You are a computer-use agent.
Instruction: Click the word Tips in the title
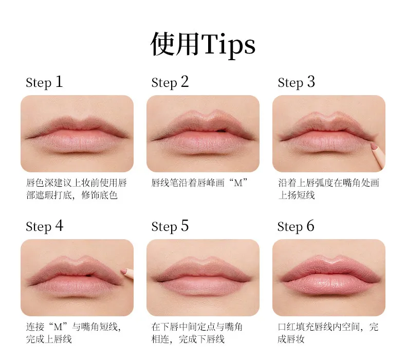[x=228, y=45]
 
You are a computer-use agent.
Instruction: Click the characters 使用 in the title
[x=175, y=44]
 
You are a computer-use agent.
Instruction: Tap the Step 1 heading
[x=44, y=82]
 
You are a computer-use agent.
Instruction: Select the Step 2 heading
[x=170, y=82]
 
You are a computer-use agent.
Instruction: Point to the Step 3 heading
[x=296, y=82]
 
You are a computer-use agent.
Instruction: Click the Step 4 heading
[x=45, y=226]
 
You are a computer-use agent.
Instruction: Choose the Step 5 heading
[x=170, y=226]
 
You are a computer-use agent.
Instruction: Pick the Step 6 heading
[x=296, y=226]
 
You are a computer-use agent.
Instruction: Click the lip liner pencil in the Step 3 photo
[x=378, y=155]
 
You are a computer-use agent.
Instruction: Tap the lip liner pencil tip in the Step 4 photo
[x=123, y=271]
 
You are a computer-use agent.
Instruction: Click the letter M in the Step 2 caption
[x=238, y=183]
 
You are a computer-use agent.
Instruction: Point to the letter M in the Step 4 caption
[x=58, y=327]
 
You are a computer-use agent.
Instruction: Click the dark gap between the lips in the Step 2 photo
[x=221, y=130]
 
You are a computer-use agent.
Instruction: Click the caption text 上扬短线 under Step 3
[x=297, y=195]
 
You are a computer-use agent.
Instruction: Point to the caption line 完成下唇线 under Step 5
[x=201, y=339]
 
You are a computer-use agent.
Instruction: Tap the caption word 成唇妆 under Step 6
[x=291, y=339]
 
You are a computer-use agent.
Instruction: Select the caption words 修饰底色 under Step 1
[x=99, y=195]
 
